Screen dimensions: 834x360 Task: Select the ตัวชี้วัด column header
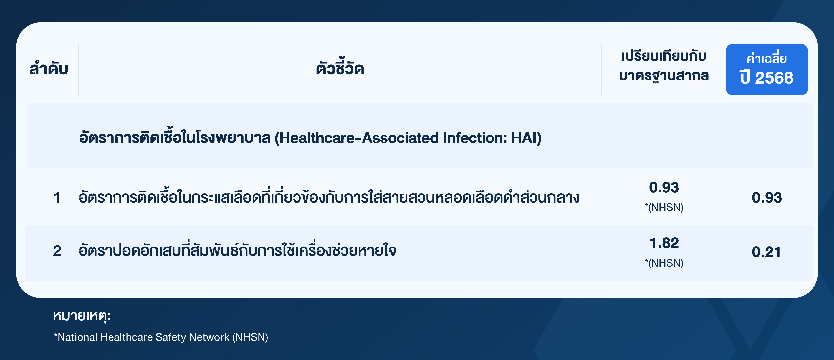click(340, 67)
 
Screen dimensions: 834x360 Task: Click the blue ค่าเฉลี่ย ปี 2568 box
click(767, 70)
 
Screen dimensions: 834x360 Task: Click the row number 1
click(57, 198)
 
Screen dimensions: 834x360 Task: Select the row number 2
click(57, 251)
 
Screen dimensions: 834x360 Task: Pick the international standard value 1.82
click(664, 243)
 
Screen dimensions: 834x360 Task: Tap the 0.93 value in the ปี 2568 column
click(767, 198)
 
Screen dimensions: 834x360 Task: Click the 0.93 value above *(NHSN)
click(664, 188)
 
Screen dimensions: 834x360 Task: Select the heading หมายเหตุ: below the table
click(82, 316)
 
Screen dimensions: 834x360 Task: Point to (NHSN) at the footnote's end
click(250, 337)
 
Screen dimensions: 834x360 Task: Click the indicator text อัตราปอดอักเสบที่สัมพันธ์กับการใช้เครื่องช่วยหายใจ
click(237, 250)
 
